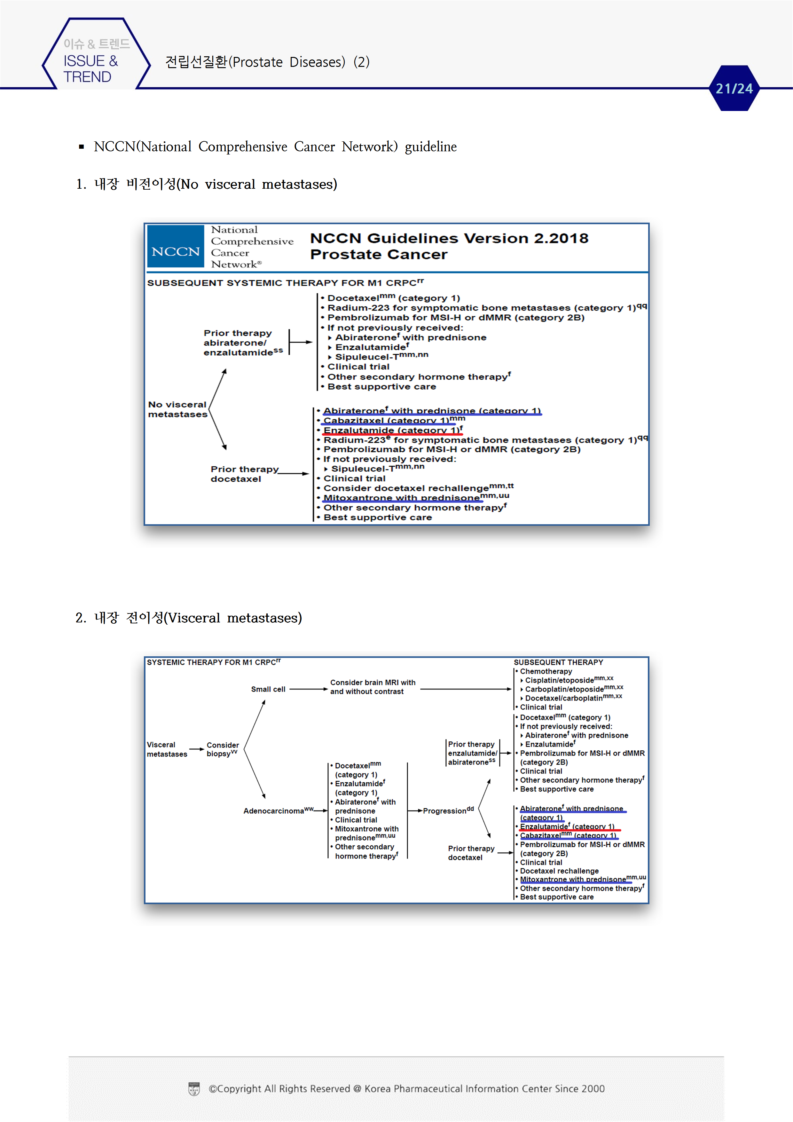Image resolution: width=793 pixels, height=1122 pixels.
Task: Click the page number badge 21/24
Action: (734, 89)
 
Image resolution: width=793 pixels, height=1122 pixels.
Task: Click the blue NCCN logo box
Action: (176, 247)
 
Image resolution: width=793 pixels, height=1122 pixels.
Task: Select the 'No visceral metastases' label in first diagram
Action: (177, 409)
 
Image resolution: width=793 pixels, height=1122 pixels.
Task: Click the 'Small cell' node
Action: (268, 689)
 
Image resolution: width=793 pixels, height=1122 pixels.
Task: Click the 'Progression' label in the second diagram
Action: (448, 811)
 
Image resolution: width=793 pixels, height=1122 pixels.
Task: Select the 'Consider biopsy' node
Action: (222, 749)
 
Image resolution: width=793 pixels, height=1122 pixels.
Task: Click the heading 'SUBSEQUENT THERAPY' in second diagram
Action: (558, 662)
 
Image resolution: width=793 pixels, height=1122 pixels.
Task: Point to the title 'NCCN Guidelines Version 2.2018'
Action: (449, 238)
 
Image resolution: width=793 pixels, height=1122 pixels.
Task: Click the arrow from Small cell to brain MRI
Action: (308, 689)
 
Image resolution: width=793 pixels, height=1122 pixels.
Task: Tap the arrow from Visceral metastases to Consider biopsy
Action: (196, 749)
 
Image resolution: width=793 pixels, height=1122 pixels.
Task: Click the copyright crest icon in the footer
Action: (194, 1089)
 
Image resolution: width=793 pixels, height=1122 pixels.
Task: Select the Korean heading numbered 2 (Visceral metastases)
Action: (189, 618)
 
